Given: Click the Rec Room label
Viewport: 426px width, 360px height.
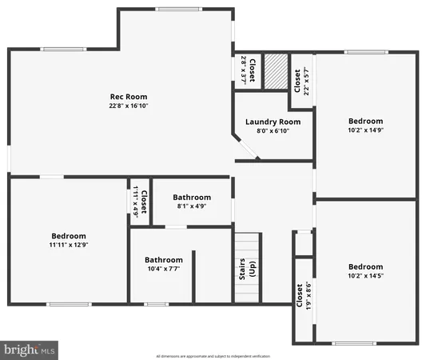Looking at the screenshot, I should pyautogui.click(x=129, y=97).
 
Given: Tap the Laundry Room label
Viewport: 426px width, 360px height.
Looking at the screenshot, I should pyautogui.click(x=273, y=122).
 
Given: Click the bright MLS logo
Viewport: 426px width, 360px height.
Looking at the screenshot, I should pyautogui.click(x=30, y=349).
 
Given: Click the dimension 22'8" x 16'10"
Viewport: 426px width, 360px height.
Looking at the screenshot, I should pyautogui.click(x=129, y=106).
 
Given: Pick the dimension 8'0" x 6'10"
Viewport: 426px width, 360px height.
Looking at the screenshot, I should pyautogui.click(x=273, y=130).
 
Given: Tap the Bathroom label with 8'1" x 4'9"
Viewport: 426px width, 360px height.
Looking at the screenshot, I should pyautogui.click(x=192, y=198).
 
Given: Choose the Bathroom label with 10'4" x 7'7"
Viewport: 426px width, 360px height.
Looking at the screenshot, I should pyautogui.click(x=164, y=259).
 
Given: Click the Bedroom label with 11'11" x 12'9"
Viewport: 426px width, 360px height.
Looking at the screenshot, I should pyautogui.click(x=68, y=236).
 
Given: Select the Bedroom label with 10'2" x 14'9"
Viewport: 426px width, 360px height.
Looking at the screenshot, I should pyautogui.click(x=365, y=121).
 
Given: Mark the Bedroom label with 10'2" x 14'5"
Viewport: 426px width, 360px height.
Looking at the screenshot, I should pyautogui.click(x=365, y=266).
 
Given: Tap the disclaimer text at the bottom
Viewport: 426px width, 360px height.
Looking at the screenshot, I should pyautogui.click(x=213, y=355).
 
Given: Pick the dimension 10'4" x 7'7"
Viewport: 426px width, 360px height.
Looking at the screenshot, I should pyautogui.click(x=164, y=269).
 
